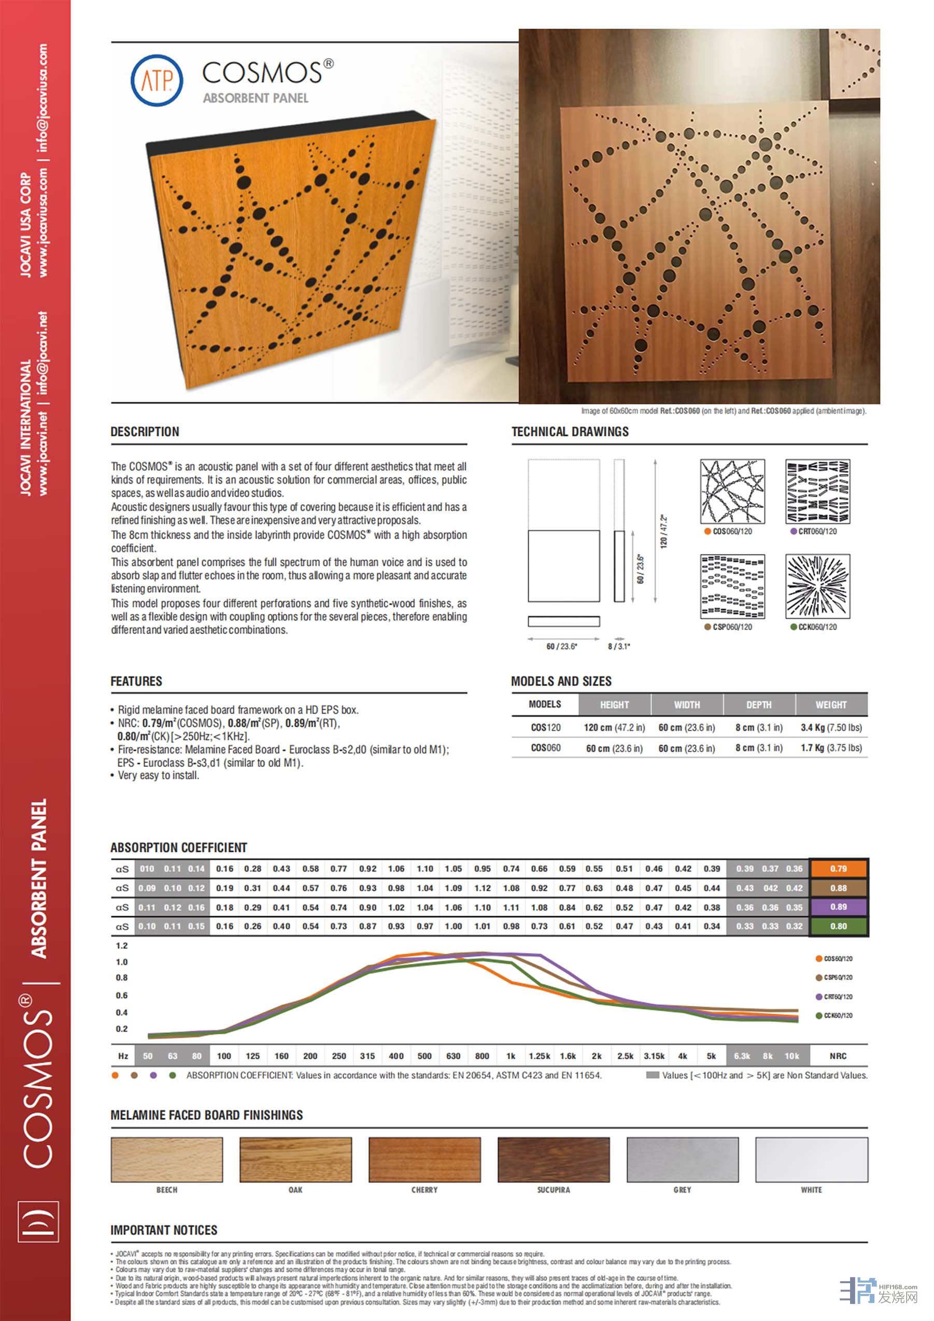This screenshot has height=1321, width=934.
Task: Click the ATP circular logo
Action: point(157,80)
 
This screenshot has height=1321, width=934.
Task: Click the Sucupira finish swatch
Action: point(553,1159)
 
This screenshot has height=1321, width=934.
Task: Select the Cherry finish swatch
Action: point(424,1159)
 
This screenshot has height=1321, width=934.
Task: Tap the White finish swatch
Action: point(811,1159)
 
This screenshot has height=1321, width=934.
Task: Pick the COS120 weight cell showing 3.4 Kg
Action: point(830,727)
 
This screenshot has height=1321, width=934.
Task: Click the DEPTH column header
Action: point(758,704)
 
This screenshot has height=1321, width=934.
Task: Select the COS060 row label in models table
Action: point(545,748)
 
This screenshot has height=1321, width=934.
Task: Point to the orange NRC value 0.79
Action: point(838,869)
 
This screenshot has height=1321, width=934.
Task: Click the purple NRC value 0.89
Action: point(838,907)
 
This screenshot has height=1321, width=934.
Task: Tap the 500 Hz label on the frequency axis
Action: point(424,1056)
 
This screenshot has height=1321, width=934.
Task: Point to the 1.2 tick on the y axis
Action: point(122,945)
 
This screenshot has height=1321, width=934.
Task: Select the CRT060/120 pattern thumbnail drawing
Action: point(817,491)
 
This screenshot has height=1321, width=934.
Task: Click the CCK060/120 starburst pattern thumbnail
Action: point(817,586)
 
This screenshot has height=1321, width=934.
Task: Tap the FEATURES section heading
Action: point(136,681)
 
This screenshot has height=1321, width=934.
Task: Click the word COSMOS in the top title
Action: point(262,73)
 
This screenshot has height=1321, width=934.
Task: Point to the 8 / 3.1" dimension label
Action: point(619,646)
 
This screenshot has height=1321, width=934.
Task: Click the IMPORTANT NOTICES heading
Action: point(164,1230)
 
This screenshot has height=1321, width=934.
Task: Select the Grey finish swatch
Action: point(682,1159)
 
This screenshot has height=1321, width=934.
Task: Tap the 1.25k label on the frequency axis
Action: point(539,1056)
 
